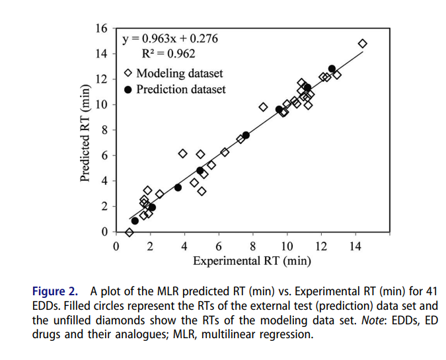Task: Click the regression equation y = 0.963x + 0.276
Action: pos(170,39)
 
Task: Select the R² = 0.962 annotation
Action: pos(169,54)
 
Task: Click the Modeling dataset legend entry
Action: pos(173,73)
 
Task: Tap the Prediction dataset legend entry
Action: pos(174,89)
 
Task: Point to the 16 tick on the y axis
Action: pos(101,28)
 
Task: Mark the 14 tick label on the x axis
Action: pos(355,247)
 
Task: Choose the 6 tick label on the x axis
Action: pos(219,247)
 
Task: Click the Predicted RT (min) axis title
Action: pos(85,133)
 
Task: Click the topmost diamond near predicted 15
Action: pos(362,44)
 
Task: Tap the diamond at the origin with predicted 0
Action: pos(130,232)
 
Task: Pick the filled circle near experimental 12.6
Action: pos(332,69)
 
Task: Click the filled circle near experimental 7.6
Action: pos(246,135)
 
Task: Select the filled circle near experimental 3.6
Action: pos(178,188)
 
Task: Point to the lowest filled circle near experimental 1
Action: pos(135,221)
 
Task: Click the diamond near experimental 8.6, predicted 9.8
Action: pos(263,107)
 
